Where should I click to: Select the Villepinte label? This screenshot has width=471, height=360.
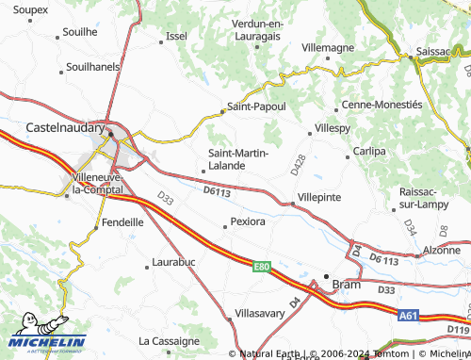coord(318,198)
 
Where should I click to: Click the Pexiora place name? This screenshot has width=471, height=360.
coord(248,223)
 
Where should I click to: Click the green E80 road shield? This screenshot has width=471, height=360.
coord(262,268)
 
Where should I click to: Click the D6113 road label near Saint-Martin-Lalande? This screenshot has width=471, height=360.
coord(217,192)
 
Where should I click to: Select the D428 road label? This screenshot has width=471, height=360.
coord(299,164)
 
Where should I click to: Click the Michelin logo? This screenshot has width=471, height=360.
coord(48,343)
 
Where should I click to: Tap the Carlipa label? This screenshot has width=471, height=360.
coord(369,151)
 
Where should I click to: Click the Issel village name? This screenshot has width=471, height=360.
coord(176,36)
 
